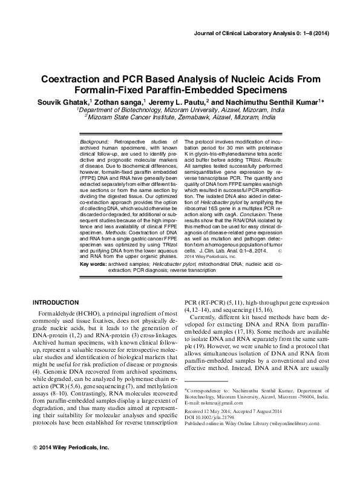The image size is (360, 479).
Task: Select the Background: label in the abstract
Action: (x=94, y=141)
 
